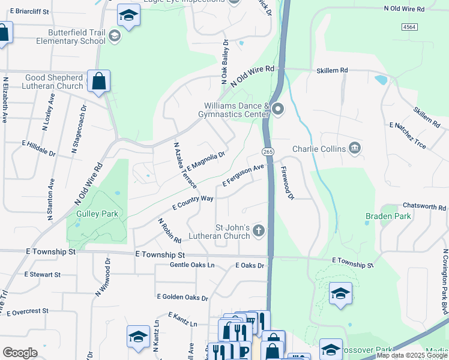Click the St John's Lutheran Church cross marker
tap(259, 230)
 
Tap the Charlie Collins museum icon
tap(355, 148)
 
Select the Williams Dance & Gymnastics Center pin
tap(278, 109)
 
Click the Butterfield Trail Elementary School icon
tap(114, 37)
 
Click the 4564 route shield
tap(409, 27)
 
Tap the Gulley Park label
tap(97, 214)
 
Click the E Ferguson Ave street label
tap(243, 175)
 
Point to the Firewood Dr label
tap(288, 183)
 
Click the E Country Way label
tap(193, 202)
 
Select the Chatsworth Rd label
tap(424, 206)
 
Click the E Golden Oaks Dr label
tap(182, 297)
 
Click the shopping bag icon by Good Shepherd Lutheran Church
tap(98, 80)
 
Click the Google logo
tap(20, 352)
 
